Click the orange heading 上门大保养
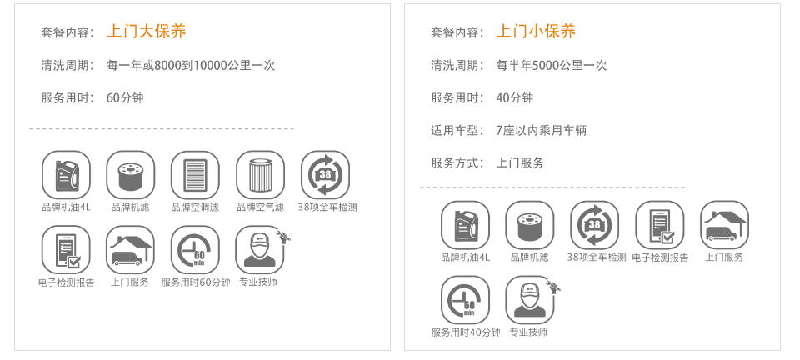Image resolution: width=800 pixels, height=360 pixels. tap(147, 32)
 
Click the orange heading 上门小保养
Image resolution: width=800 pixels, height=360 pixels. tap(536, 32)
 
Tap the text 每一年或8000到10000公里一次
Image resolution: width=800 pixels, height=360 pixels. tap(191, 65)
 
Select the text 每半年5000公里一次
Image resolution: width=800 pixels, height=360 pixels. tap(551, 65)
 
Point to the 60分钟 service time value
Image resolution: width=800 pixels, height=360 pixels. tap(125, 97)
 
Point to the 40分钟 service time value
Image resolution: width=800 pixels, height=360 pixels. tap(514, 97)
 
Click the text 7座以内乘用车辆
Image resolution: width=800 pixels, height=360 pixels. tap(541, 130)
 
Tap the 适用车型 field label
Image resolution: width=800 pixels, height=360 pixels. tap(456, 130)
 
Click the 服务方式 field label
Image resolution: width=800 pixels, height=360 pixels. tap(456, 162)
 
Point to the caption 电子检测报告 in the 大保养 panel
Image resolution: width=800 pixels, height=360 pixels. tap(66, 282)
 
